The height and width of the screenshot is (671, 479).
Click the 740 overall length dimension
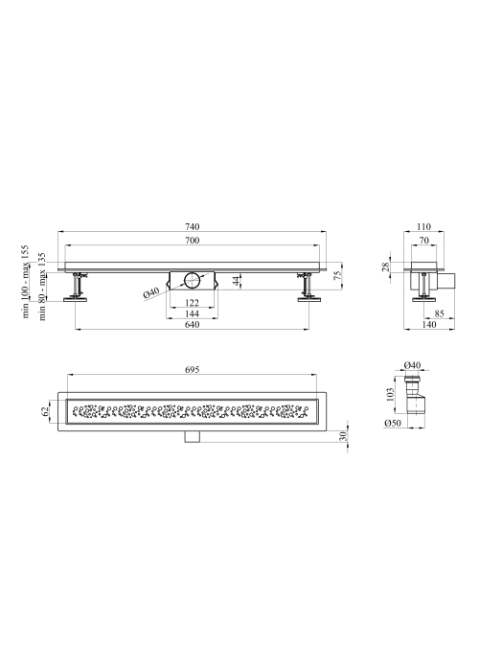point(192,227)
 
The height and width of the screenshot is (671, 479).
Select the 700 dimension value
point(192,241)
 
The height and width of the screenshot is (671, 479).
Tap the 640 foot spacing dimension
point(192,324)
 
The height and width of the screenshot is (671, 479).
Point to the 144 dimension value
point(192,313)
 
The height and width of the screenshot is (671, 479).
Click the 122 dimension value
point(192,303)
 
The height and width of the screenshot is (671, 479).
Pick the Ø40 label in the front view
point(151,293)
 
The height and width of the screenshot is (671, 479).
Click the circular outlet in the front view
point(192,281)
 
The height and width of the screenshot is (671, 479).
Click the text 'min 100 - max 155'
point(26,281)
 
